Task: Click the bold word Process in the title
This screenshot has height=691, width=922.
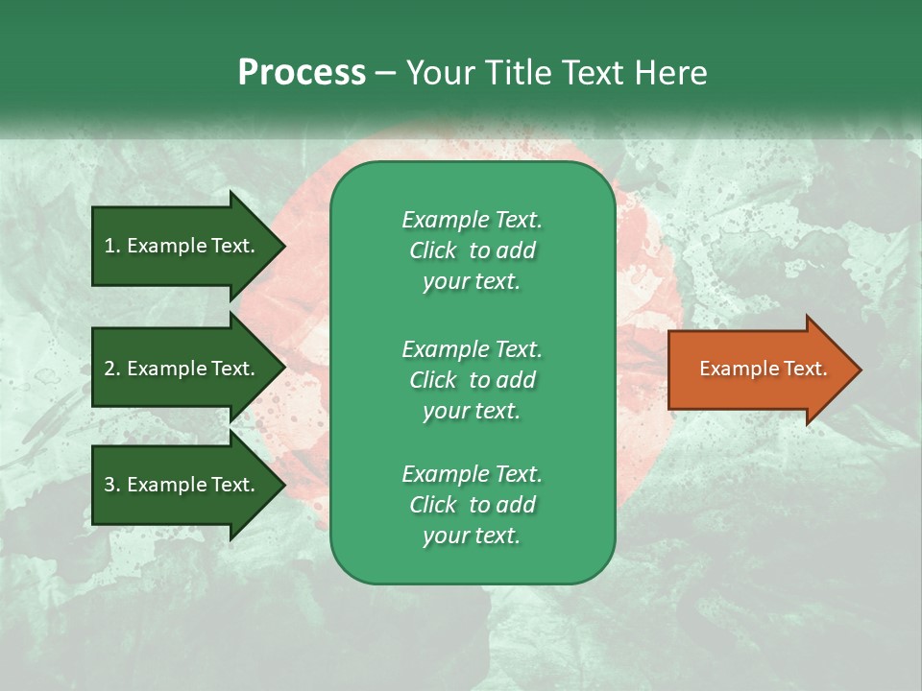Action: (x=302, y=72)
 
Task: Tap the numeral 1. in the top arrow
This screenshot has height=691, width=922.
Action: (x=112, y=246)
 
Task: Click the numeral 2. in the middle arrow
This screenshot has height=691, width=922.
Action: (x=112, y=369)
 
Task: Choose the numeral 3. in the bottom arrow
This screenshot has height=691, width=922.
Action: (x=112, y=485)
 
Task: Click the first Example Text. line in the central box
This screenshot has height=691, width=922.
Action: (x=472, y=220)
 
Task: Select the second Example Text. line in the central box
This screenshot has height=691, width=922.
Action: (x=472, y=349)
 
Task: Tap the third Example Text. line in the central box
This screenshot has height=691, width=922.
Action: (x=472, y=474)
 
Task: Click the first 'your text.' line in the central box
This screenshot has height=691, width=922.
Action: (x=472, y=282)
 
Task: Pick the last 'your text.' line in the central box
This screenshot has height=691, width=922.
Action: (x=472, y=536)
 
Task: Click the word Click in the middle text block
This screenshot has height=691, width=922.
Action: (x=432, y=380)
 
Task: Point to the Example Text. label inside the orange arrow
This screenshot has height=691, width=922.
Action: (x=763, y=369)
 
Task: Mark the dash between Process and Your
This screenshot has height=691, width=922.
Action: (x=385, y=73)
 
